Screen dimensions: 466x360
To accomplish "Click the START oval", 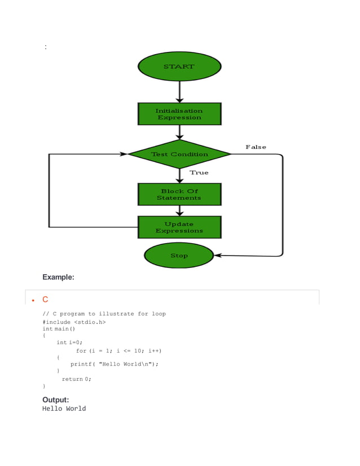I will tap(179, 67).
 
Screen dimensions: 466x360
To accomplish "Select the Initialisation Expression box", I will tap(179, 114).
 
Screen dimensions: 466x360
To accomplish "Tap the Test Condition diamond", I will tap(179, 154).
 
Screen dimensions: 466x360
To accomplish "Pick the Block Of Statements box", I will tap(179, 195).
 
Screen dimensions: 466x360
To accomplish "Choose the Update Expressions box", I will tap(179, 227).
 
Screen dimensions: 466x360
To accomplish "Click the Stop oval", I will tap(179, 256).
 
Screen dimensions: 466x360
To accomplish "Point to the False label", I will tap(256, 147).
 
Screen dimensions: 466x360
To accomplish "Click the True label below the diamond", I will tap(199, 173).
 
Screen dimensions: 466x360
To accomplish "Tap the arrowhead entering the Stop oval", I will tap(218, 256).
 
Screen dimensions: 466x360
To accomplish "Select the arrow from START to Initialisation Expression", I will tap(179, 91).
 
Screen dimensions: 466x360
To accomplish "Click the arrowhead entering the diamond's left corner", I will tap(124, 154).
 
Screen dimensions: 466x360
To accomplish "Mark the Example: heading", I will tap(58, 277).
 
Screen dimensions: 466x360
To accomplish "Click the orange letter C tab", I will tap(45, 300).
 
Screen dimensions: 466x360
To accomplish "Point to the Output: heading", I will tap(55, 400).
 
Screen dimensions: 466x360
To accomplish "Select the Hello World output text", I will tap(64, 408).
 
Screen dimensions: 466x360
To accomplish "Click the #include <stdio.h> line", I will tap(74, 322).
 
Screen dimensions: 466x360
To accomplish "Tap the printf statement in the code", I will tap(114, 364).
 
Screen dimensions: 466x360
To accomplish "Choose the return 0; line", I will tap(76, 379).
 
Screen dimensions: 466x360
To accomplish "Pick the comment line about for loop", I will tap(104, 314).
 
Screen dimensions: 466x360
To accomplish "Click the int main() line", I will tap(59, 329).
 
